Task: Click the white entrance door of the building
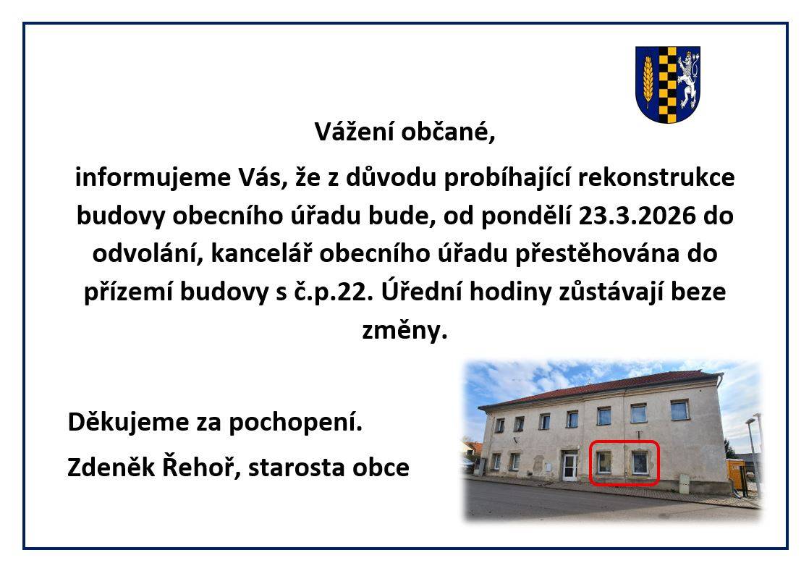(x=570, y=467)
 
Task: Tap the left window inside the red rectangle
(x=603, y=461)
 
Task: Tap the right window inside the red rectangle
(x=639, y=461)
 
